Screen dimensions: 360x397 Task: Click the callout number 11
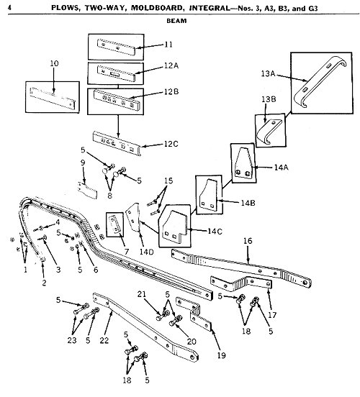[168, 45]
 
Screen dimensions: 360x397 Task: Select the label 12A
[171, 66]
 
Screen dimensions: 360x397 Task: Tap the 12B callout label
[171, 91]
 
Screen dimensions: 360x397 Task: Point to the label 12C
[171, 144]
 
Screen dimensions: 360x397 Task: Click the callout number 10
[54, 63]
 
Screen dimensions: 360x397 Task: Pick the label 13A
[269, 73]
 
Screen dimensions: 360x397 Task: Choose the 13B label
[269, 99]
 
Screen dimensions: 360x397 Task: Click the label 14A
[281, 168]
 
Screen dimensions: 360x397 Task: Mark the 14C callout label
[215, 231]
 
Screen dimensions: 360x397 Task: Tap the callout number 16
[248, 240]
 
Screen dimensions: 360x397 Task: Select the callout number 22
[104, 340]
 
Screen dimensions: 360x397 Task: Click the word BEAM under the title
[176, 21]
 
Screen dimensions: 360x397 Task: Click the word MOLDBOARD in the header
[156, 8]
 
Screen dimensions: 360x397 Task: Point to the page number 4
[9, 8]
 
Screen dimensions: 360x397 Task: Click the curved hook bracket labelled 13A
[320, 81]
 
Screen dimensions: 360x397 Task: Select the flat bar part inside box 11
[117, 47]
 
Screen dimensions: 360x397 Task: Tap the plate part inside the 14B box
[209, 194]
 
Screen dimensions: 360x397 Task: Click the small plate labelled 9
[87, 190]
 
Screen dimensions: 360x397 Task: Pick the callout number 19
[221, 355]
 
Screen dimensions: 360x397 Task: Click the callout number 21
[142, 294]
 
